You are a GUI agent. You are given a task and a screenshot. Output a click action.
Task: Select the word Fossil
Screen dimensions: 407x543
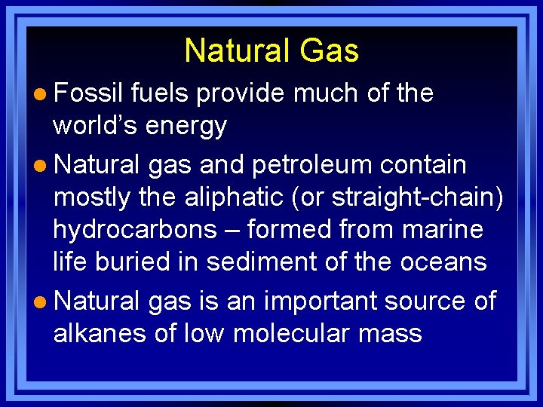pos(88,93)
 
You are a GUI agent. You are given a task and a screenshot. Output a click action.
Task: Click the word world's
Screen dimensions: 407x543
pos(95,127)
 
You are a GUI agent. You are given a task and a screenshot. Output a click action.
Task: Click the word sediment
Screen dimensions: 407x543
pos(257,262)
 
